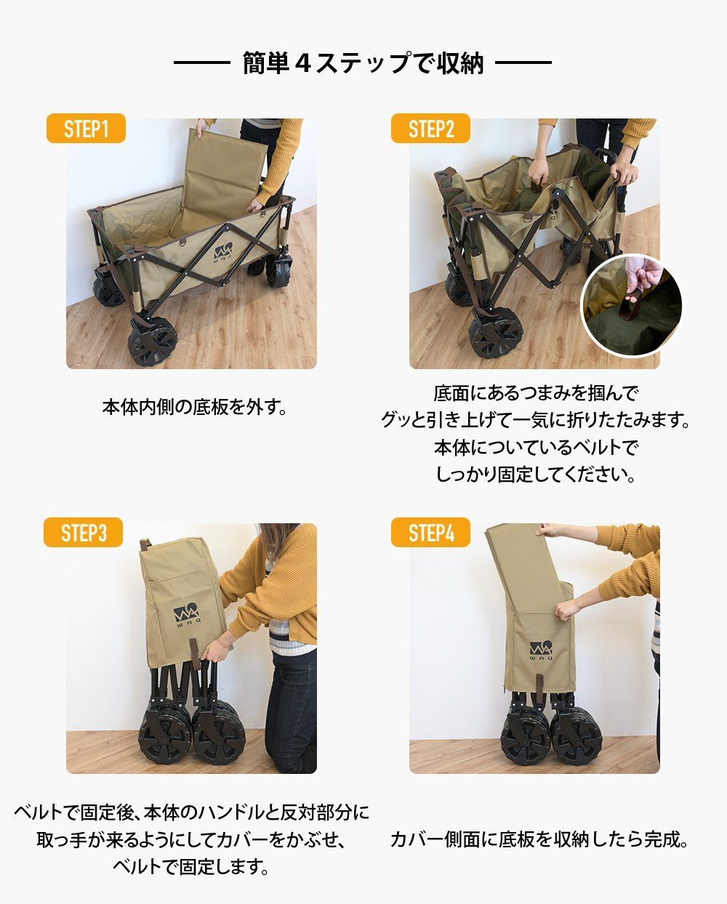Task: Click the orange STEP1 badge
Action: [x=86, y=128]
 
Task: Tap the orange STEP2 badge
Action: [x=430, y=128]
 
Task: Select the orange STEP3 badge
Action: [x=83, y=532]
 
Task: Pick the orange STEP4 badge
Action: [x=430, y=532]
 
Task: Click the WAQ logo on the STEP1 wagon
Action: [x=223, y=253]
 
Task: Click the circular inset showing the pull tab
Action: [x=632, y=305]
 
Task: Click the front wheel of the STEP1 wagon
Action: [x=152, y=341]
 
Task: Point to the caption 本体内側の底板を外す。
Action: [x=194, y=407]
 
